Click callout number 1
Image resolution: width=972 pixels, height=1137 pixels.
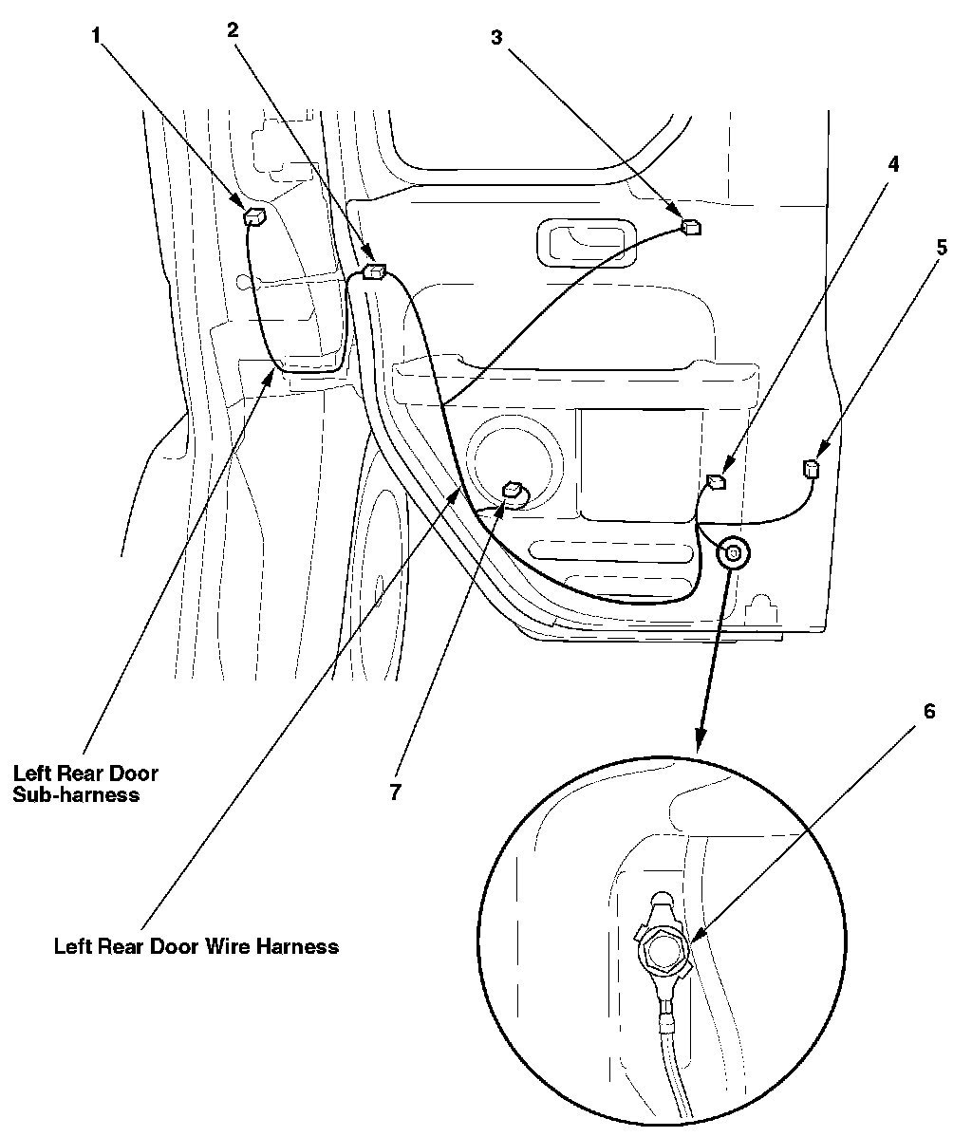96,36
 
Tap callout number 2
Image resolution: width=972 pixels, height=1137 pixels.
233,29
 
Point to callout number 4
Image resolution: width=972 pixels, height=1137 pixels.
893,163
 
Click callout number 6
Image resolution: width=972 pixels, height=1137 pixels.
929,711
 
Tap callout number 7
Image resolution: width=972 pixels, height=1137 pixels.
395,792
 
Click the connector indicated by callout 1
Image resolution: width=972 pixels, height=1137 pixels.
254,217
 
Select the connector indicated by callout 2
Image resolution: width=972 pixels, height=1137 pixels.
375,272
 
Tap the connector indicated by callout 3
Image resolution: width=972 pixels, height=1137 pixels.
691,227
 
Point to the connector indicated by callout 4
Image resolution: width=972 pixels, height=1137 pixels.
718,482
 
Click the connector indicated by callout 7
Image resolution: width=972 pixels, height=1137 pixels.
513,490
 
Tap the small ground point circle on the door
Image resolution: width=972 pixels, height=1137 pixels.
734,551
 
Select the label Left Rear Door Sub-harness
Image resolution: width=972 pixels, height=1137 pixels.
85,783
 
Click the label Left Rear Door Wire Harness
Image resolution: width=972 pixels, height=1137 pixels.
196,946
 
